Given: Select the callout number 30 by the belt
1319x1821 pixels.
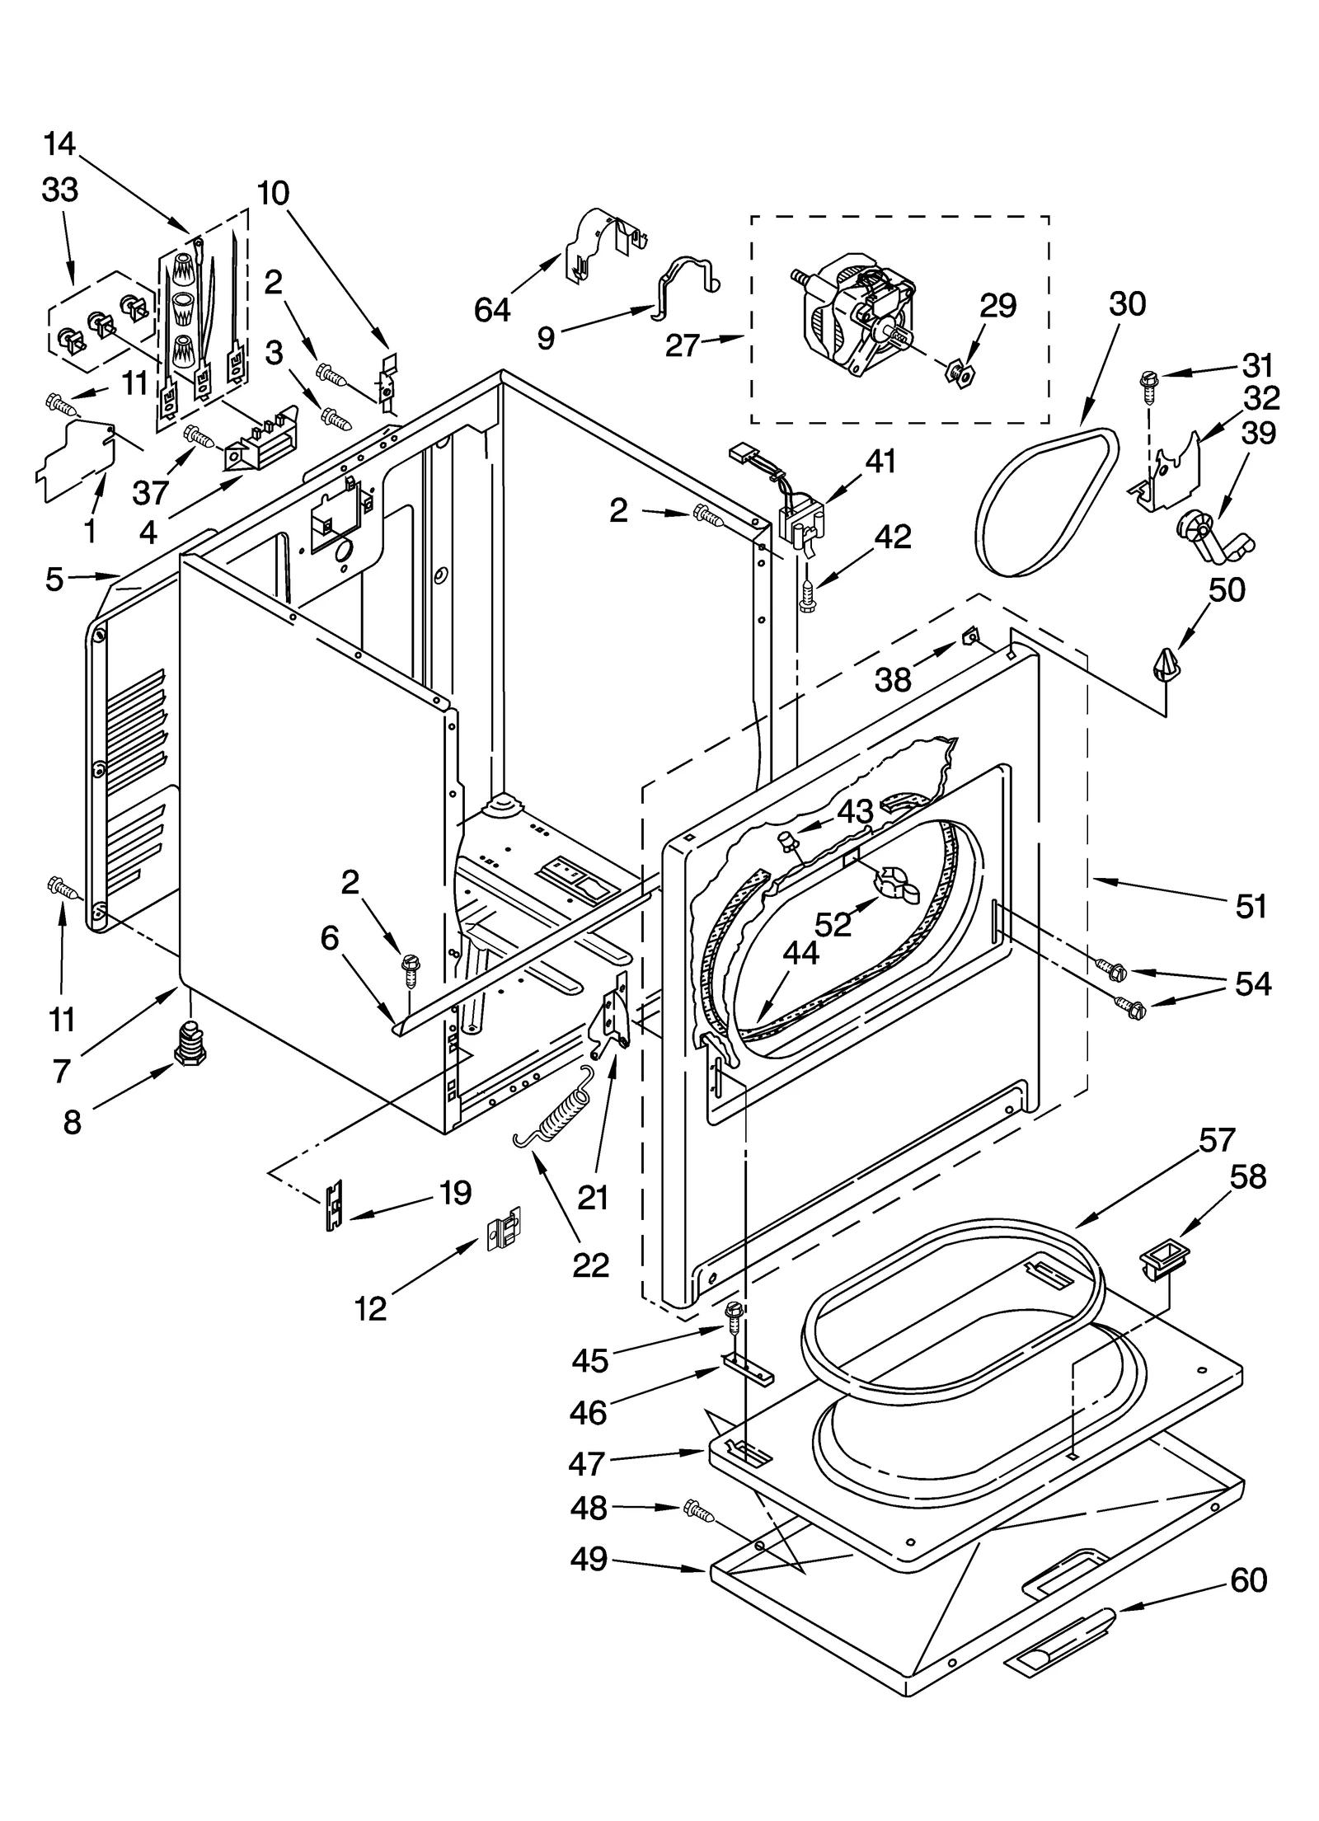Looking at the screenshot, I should [x=1126, y=304].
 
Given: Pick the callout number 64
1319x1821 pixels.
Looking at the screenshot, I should [x=491, y=311].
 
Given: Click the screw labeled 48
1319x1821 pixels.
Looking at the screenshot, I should [x=697, y=1510].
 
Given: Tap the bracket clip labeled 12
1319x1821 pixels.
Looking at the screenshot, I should [x=504, y=1235].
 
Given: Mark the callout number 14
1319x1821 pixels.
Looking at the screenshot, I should [x=59, y=144].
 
